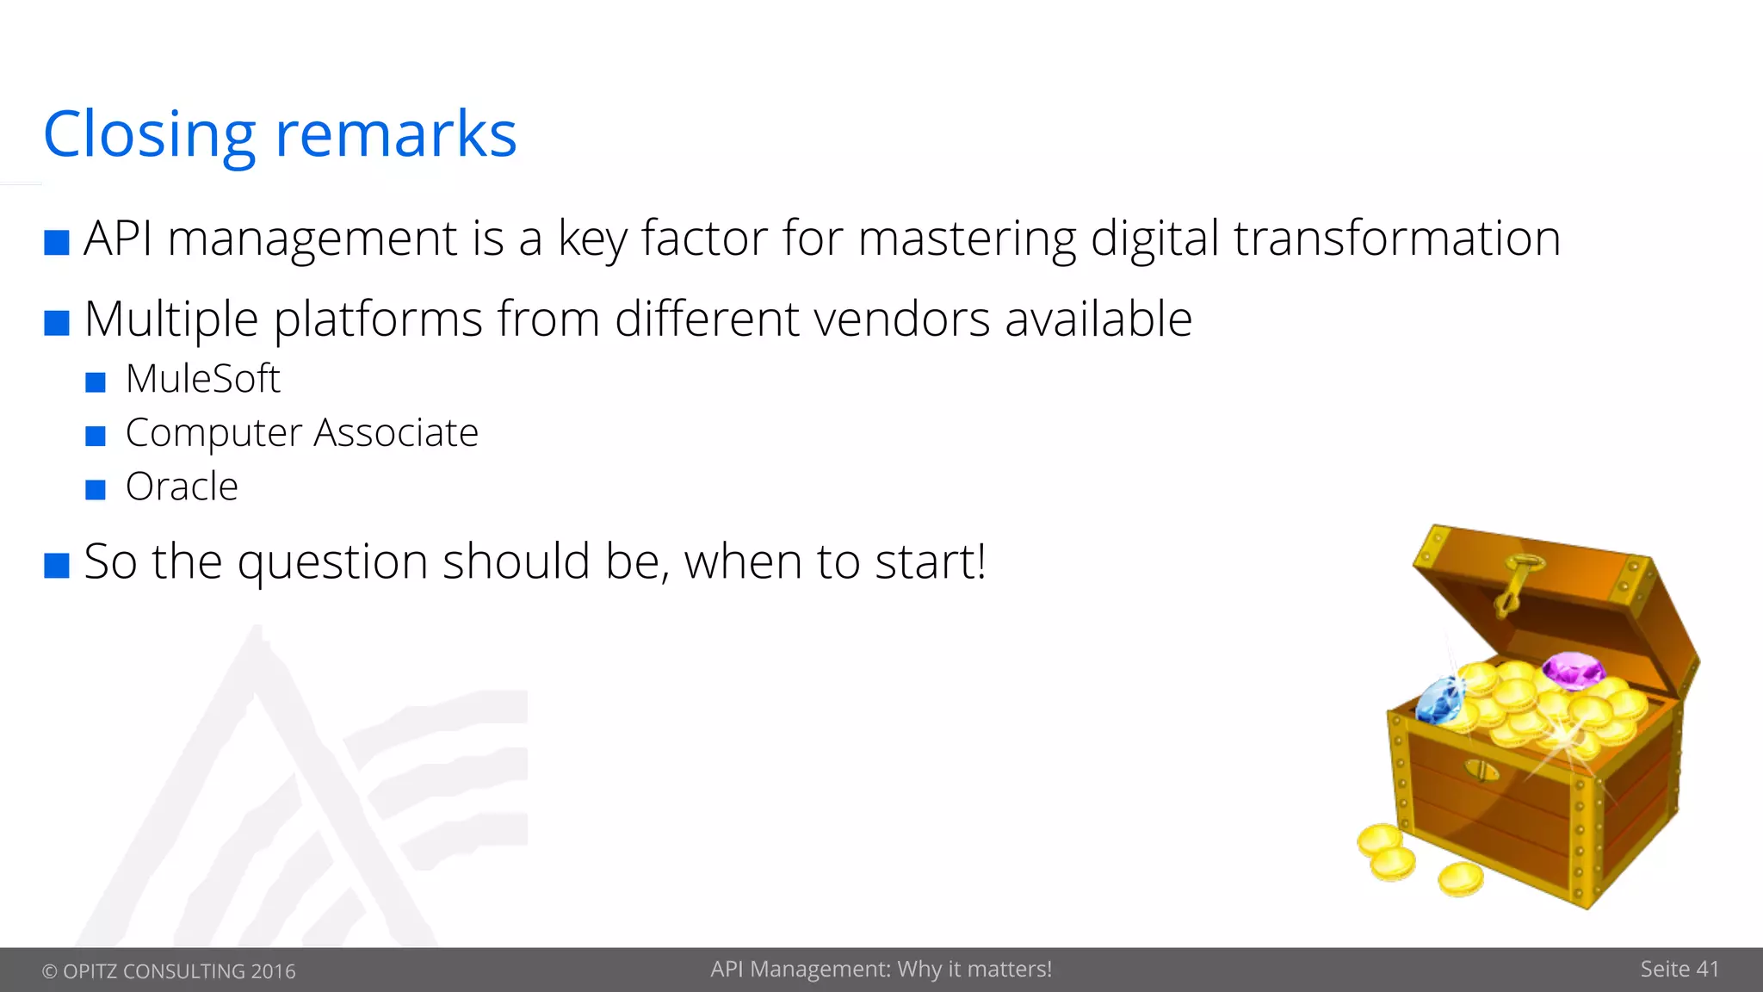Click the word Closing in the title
(x=149, y=135)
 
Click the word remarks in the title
(x=396, y=135)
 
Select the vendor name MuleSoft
(x=203, y=379)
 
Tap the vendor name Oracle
(x=182, y=487)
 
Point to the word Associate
(x=396, y=432)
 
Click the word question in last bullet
(x=332, y=562)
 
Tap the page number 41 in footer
(x=1707, y=970)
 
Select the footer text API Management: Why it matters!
(x=881, y=970)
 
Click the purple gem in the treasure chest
(x=1573, y=670)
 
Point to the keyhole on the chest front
(x=1481, y=769)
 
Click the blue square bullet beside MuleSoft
(x=96, y=381)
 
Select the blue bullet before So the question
(x=57, y=566)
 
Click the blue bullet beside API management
(x=57, y=242)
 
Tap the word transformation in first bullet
(x=1396, y=239)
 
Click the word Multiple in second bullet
(x=171, y=319)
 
